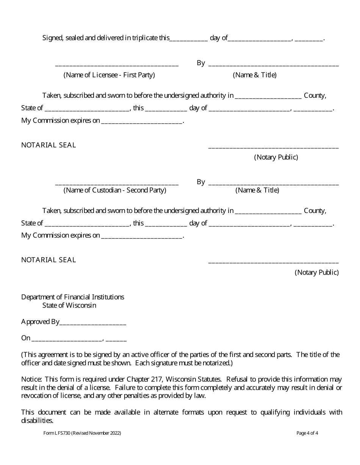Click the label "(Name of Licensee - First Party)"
[x=109, y=75]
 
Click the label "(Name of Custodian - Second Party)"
[x=114, y=190]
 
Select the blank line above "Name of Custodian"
[x=117, y=184]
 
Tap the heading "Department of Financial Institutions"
[x=72, y=297]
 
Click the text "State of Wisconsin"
[x=69, y=305]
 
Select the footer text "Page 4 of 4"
[x=307, y=433]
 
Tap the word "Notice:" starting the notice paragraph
[x=31, y=379]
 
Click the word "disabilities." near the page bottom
[x=37, y=420]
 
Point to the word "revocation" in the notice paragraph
[x=36, y=396]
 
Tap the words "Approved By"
[x=40, y=322]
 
